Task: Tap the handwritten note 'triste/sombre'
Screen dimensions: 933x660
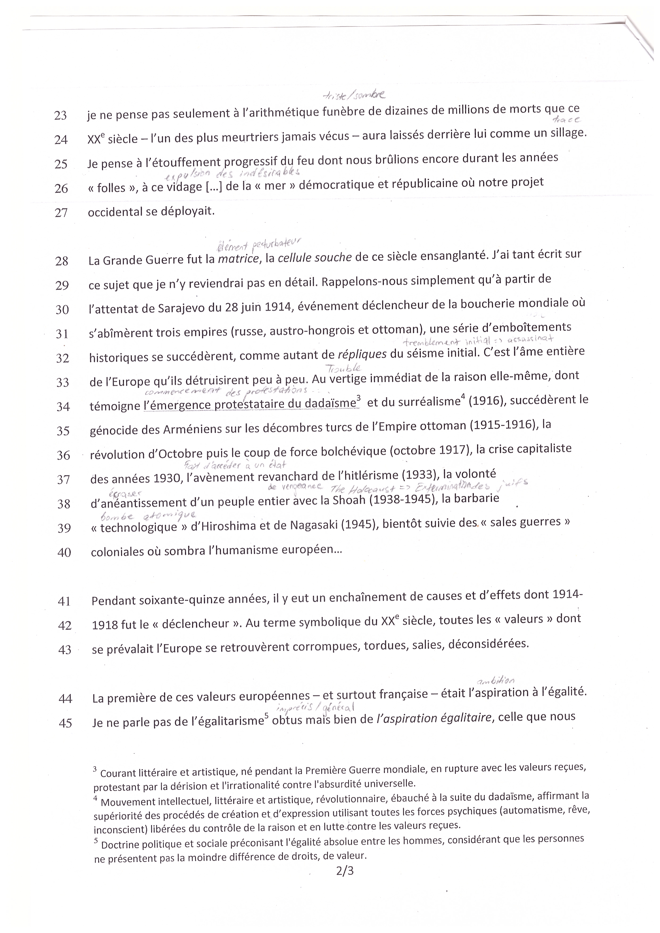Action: (353, 96)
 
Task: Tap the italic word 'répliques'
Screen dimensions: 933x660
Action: (362, 355)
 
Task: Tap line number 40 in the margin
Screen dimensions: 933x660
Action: (64, 552)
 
